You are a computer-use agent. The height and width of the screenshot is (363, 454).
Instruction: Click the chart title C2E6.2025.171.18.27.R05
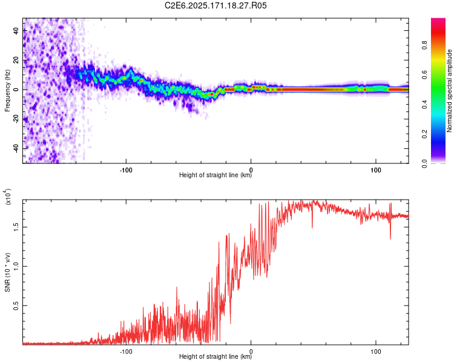coord(215,5)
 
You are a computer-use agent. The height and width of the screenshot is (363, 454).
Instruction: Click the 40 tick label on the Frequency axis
coord(16,31)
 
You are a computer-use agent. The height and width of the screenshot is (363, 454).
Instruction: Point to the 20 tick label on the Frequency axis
coord(16,60)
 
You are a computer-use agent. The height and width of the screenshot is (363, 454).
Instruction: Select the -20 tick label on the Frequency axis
coord(16,119)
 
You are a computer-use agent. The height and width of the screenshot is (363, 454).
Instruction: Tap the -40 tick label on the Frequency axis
coord(16,148)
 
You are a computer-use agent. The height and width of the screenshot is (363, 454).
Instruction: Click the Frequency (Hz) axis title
coord(7,91)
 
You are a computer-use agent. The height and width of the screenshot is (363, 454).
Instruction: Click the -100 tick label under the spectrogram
coord(126,170)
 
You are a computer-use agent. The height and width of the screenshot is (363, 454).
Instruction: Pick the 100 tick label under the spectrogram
coord(376,170)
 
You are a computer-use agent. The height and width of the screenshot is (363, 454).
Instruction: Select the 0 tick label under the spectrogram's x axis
coord(251,170)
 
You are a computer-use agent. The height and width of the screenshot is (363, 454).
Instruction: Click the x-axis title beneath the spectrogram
coord(215,175)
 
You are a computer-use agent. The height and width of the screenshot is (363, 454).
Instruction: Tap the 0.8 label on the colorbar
coord(424,45)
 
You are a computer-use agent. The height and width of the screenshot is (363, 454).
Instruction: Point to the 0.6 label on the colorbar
coord(424,74)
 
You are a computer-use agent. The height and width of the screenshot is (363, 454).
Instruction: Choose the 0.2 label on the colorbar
coord(424,134)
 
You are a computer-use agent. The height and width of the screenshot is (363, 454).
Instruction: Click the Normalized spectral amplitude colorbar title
coord(449,91)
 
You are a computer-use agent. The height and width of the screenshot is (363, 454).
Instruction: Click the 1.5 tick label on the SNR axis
coord(16,227)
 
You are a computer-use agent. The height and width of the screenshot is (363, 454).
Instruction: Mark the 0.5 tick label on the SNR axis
coord(16,306)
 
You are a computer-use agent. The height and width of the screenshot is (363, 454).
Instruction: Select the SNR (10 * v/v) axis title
coord(7,272)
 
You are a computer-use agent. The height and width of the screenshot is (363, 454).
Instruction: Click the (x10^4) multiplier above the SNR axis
coord(8,197)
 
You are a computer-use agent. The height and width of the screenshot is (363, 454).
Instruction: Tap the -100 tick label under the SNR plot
coord(126,352)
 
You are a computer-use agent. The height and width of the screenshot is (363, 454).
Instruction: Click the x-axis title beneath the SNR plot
coord(215,356)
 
